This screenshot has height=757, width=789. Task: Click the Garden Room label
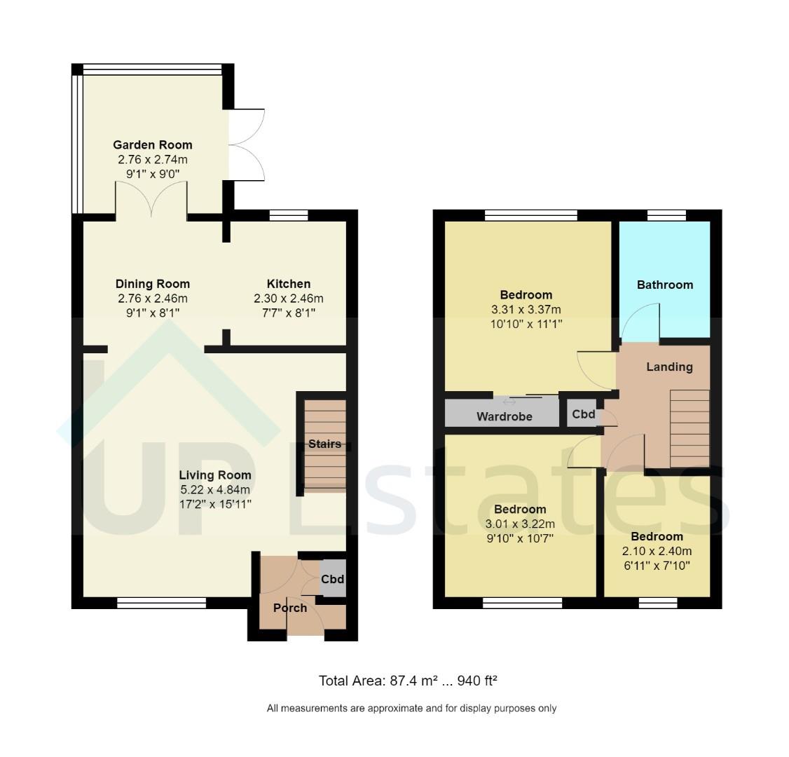[x=152, y=145]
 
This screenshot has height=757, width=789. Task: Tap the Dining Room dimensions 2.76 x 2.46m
[x=152, y=299]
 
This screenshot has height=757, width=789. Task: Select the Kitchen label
[x=288, y=284]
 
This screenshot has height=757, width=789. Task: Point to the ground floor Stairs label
[x=324, y=444]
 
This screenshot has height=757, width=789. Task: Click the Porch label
[x=290, y=608]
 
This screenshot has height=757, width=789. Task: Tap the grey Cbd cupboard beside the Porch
[x=333, y=579]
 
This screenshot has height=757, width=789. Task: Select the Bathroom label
[x=664, y=285]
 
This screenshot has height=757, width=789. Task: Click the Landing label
[x=668, y=367]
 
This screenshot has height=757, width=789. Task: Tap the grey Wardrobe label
[x=504, y=416]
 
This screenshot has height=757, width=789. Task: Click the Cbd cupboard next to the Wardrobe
[x=583, y=414]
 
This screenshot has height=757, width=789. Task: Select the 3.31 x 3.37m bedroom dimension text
[x=526, y=309]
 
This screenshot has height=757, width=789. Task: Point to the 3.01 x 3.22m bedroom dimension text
[x=519, y=524]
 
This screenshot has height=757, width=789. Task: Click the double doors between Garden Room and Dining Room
[x=151, y=200]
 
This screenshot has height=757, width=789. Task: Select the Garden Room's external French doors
[x=247, y=145]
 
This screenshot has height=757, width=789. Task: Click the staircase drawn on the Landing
[x=689, y=428]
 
